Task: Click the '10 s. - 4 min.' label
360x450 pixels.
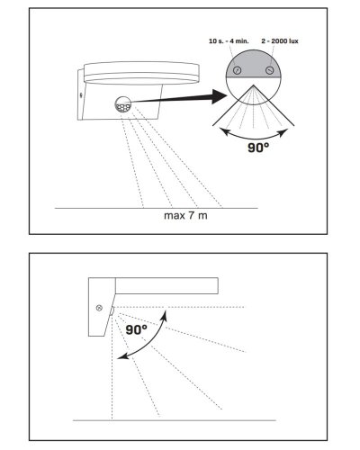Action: coord(229,41)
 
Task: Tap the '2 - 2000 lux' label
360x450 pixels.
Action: coord(280,41)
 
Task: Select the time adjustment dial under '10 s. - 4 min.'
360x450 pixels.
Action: coord(238,70)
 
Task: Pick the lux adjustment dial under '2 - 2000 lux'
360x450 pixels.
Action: coord(270,70)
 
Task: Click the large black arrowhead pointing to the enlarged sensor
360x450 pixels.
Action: coord(219,96)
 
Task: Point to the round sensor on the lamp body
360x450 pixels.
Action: coord(123,104)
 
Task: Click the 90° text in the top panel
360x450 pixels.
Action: coord(258,148)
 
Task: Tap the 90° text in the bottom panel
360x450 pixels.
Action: coord(137,329)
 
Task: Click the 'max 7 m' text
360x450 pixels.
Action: coord(185,215)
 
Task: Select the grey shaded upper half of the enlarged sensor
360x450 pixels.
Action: coord(254,65)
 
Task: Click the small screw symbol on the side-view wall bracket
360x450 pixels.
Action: coord(99,308)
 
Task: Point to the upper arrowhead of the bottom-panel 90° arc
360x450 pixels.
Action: coord(164,315)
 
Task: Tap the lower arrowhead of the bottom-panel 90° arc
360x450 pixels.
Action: coord(121,356)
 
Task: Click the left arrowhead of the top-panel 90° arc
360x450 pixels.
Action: coord(224,131)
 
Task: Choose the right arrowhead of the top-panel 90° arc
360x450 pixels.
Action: coord(283,132)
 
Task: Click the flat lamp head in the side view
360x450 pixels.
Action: coord(166,286)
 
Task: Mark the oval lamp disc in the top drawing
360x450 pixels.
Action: coord(141,73)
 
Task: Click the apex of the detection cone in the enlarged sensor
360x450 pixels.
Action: coord(254,85)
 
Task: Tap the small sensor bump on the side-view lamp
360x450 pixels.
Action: coord(112,311)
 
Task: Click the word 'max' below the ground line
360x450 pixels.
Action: coord(173,216)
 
